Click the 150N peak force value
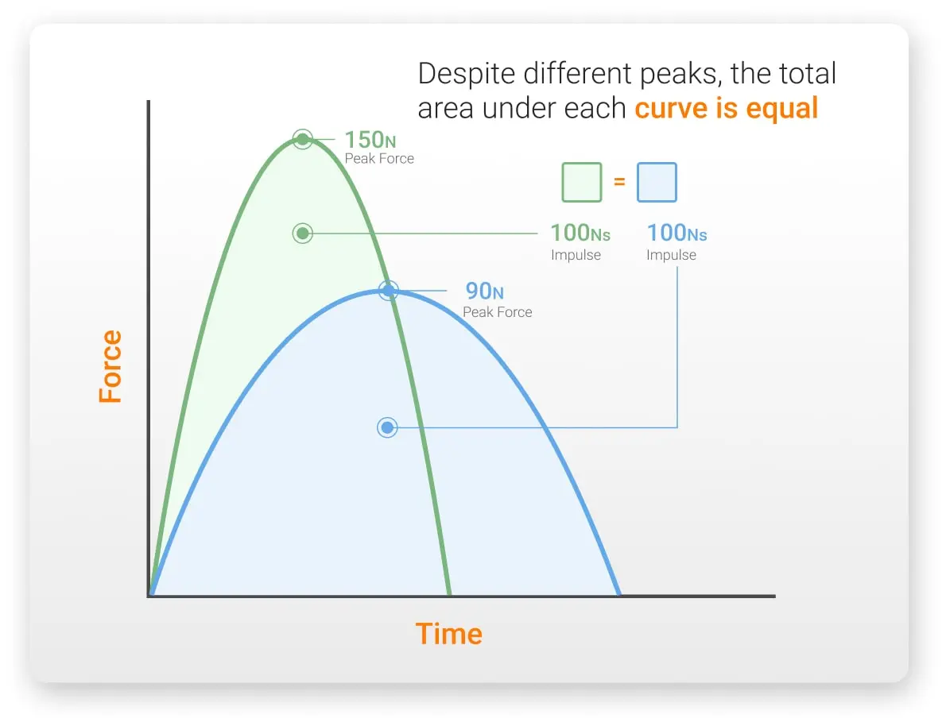[370, 140]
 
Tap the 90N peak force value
[484, 292]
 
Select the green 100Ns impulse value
[580, 233]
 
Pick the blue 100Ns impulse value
[677, 233]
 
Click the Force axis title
[110, 366]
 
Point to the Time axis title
[448, 634]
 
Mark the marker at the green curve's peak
[302, 140]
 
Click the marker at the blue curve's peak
[388, 291]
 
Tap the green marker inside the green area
[302, 234]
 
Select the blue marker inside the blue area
[387, 428]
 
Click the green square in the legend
[582, 182]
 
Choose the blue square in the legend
[657, 182]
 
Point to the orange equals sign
[619, 182]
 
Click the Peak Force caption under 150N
[379, 159]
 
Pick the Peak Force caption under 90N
[498, 312]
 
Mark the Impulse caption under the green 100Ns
[576, 255]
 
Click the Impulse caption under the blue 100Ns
[671, 255]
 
